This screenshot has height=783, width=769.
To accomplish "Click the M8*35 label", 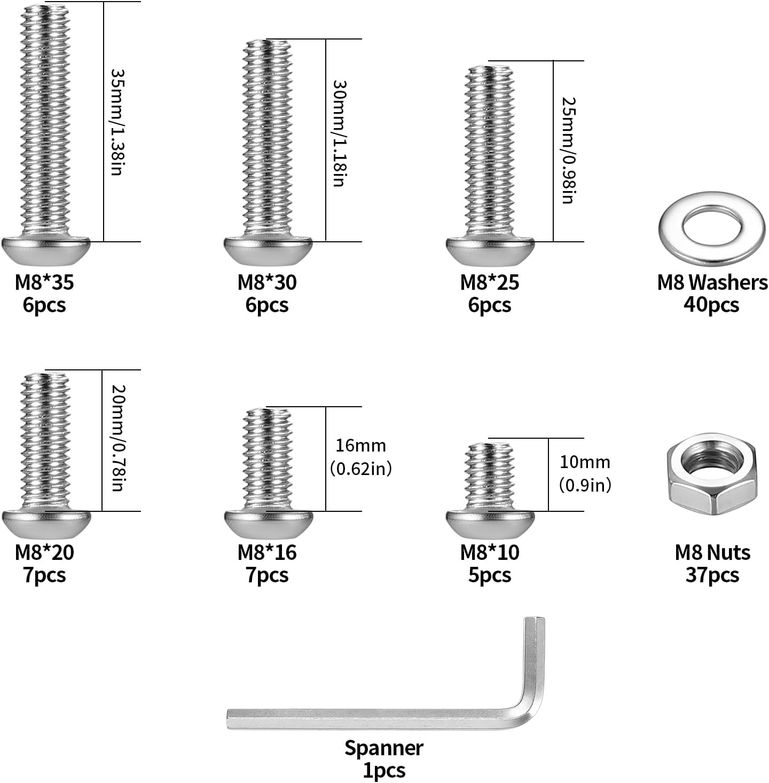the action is click(x=44, y=283).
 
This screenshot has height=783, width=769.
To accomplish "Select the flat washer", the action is click(x=712, y=229).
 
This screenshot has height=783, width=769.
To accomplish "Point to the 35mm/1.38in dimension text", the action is click(x=117, y=122).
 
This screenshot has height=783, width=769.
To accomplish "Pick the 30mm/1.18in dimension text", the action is click(x=339, y=133).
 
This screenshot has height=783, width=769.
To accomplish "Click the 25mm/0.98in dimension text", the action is click(x=568, y=151).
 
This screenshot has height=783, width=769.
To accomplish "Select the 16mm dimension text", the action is click(x=360, y=446).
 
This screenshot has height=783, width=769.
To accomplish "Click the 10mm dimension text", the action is click(x=585, y=462).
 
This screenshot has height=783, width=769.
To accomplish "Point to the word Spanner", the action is click(x=384, y=748).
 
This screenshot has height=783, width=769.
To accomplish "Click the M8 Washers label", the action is click(x=712, y=283).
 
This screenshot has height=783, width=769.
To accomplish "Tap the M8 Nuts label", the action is click(x=712, y=552).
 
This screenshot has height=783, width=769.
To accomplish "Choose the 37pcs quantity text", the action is click(x=712, y=575).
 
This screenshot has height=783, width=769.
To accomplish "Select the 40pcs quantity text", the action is click(x=711, y=305).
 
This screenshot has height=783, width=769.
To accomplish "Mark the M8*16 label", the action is click(x=267, y=552).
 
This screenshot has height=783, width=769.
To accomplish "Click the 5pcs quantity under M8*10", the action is click(x=489, y=575).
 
